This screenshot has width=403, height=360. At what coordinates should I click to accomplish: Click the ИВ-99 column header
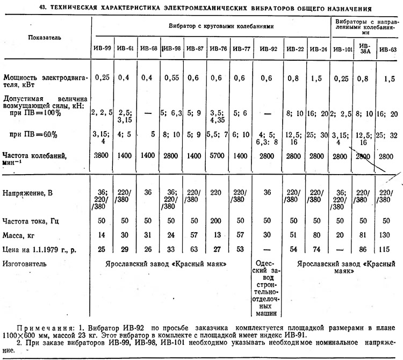(x=104, y=48)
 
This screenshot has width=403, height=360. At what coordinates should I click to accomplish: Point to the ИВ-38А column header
(x=365, y=48)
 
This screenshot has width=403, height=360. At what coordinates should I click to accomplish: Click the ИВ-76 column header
(x=219, y=48)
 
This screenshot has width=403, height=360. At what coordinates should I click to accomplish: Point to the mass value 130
(x=388, y=234)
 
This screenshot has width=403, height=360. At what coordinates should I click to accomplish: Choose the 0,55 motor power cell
(x=172, y=77)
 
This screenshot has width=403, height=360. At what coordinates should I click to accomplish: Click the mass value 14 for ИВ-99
(x=104, y=234)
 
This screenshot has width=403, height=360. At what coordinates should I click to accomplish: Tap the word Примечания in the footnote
(x=42, y=327)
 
